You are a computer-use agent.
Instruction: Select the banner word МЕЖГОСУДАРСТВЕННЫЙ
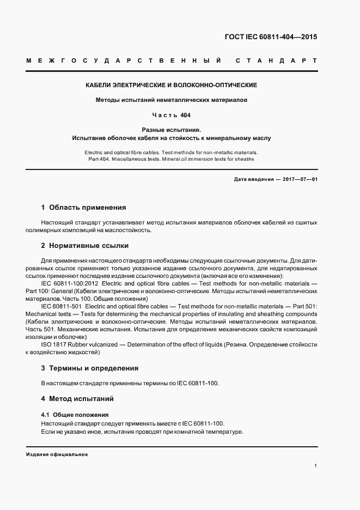[x=123, y=60]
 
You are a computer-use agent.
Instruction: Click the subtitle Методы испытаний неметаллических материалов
[x=172, y=100]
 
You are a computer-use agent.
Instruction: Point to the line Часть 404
[x=172, y=116]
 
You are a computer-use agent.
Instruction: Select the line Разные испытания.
[x=172, y=130]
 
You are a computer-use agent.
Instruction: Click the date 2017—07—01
[x=298, y=179]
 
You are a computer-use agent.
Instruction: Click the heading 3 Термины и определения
[x=90, y=368]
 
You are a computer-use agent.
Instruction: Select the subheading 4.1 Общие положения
[x=75, y=415]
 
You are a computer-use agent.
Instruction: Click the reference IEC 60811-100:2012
[x=69, y=284]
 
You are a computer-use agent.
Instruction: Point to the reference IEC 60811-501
[x=62, y=307]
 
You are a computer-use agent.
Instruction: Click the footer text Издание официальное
[x=57, y=454]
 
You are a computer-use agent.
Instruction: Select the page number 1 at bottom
[x=315, y=466]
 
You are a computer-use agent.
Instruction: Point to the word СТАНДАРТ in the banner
[x=276, y=60]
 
